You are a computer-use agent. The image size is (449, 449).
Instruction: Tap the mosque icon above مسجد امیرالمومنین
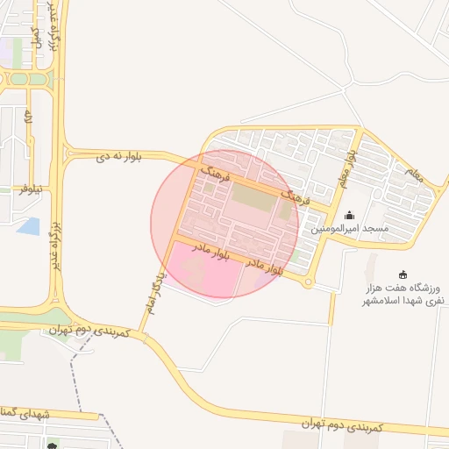tap(350, 216)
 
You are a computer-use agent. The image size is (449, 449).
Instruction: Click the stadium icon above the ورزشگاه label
tap(403, 274)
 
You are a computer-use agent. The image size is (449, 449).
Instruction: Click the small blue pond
tap(28, 225)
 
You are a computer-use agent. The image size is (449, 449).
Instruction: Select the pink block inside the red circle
tap(204, 270)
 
